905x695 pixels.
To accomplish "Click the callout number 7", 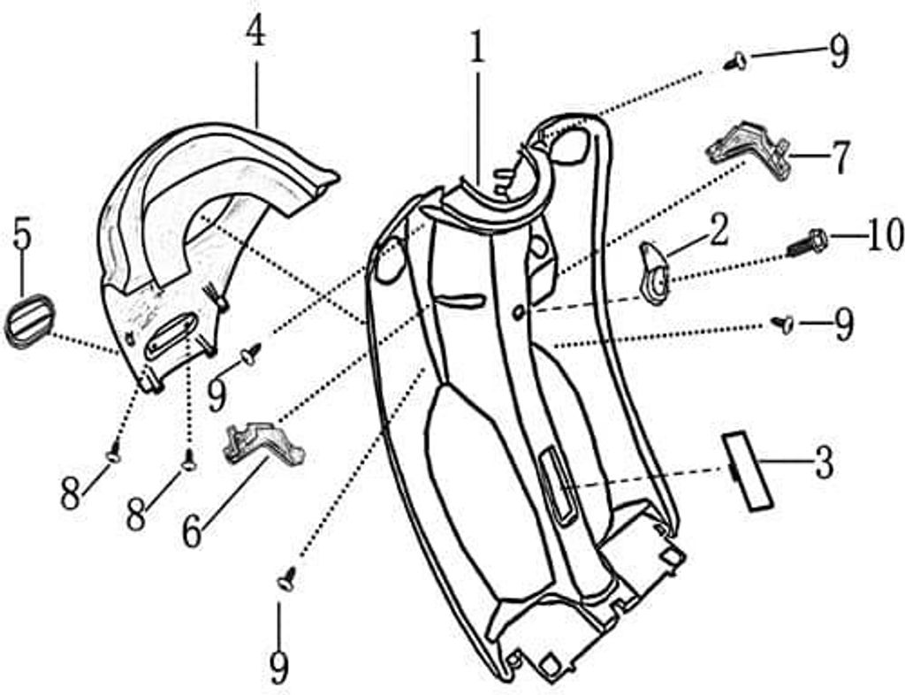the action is [x=839, y=157].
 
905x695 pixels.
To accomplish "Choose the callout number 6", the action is [x=192, y=531].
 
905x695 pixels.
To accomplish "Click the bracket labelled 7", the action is [x=749, y=149].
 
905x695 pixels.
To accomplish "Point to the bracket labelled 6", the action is [x=263, y=443].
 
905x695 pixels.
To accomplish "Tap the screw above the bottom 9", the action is [x=287, y=578].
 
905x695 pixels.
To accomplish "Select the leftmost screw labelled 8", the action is [x=114, y=452].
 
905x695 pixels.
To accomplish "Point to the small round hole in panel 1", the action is [x=519, y=313].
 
